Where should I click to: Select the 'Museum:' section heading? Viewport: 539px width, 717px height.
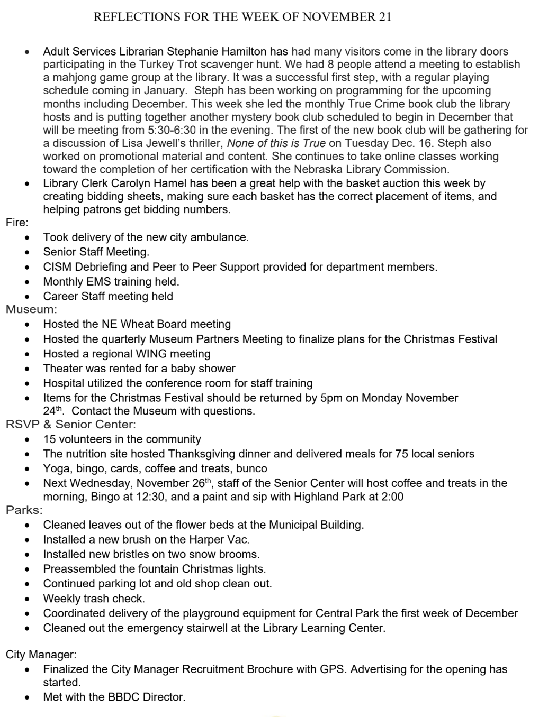pos(31,309)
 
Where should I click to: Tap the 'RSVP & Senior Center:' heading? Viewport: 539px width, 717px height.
pos(71,424)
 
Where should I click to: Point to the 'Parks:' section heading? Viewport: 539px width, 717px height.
pos(24,510)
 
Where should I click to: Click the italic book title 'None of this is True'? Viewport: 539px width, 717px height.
pos(276,143)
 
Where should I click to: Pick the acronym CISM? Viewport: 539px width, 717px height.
pos(57,267)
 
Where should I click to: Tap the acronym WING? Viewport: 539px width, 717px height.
pos(152,354)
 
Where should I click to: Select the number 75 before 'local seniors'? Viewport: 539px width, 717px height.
pos(402,454)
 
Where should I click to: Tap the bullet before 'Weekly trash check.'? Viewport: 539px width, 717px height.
pos(27,599)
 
